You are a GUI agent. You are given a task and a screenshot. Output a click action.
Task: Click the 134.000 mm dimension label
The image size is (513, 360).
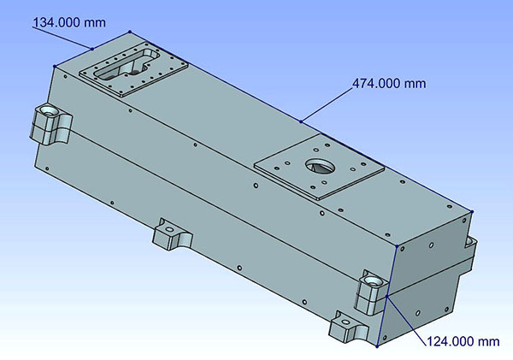[x=69, y=22]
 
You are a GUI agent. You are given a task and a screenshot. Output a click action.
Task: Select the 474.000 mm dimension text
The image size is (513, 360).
[x=389, y=84]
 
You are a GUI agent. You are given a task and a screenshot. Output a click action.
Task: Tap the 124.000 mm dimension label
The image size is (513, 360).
[x=463, y=341]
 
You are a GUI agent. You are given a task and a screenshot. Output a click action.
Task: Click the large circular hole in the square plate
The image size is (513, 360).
[x=320, y=166]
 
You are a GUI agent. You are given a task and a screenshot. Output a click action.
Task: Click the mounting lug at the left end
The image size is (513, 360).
[x=50, y=124]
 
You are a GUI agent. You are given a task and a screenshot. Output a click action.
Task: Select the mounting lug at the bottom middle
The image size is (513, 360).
[x=172, y=234]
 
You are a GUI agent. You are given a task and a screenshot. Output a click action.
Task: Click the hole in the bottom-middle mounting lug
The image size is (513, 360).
[x=169, y=229]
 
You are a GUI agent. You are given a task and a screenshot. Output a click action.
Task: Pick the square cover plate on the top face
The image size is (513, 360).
[x=319, y=167]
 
